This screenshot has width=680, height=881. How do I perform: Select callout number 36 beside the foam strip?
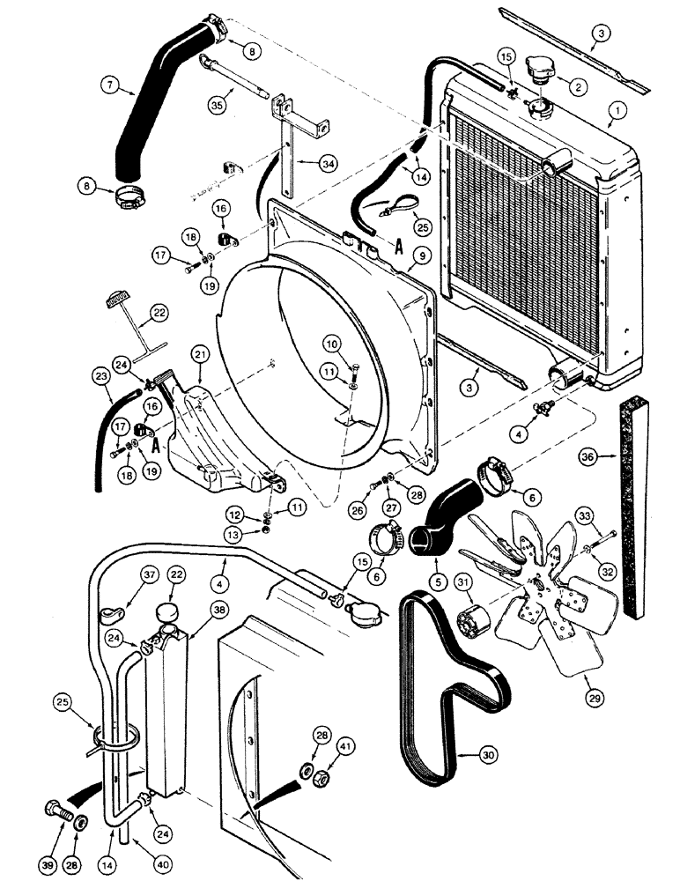click(588, 455)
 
